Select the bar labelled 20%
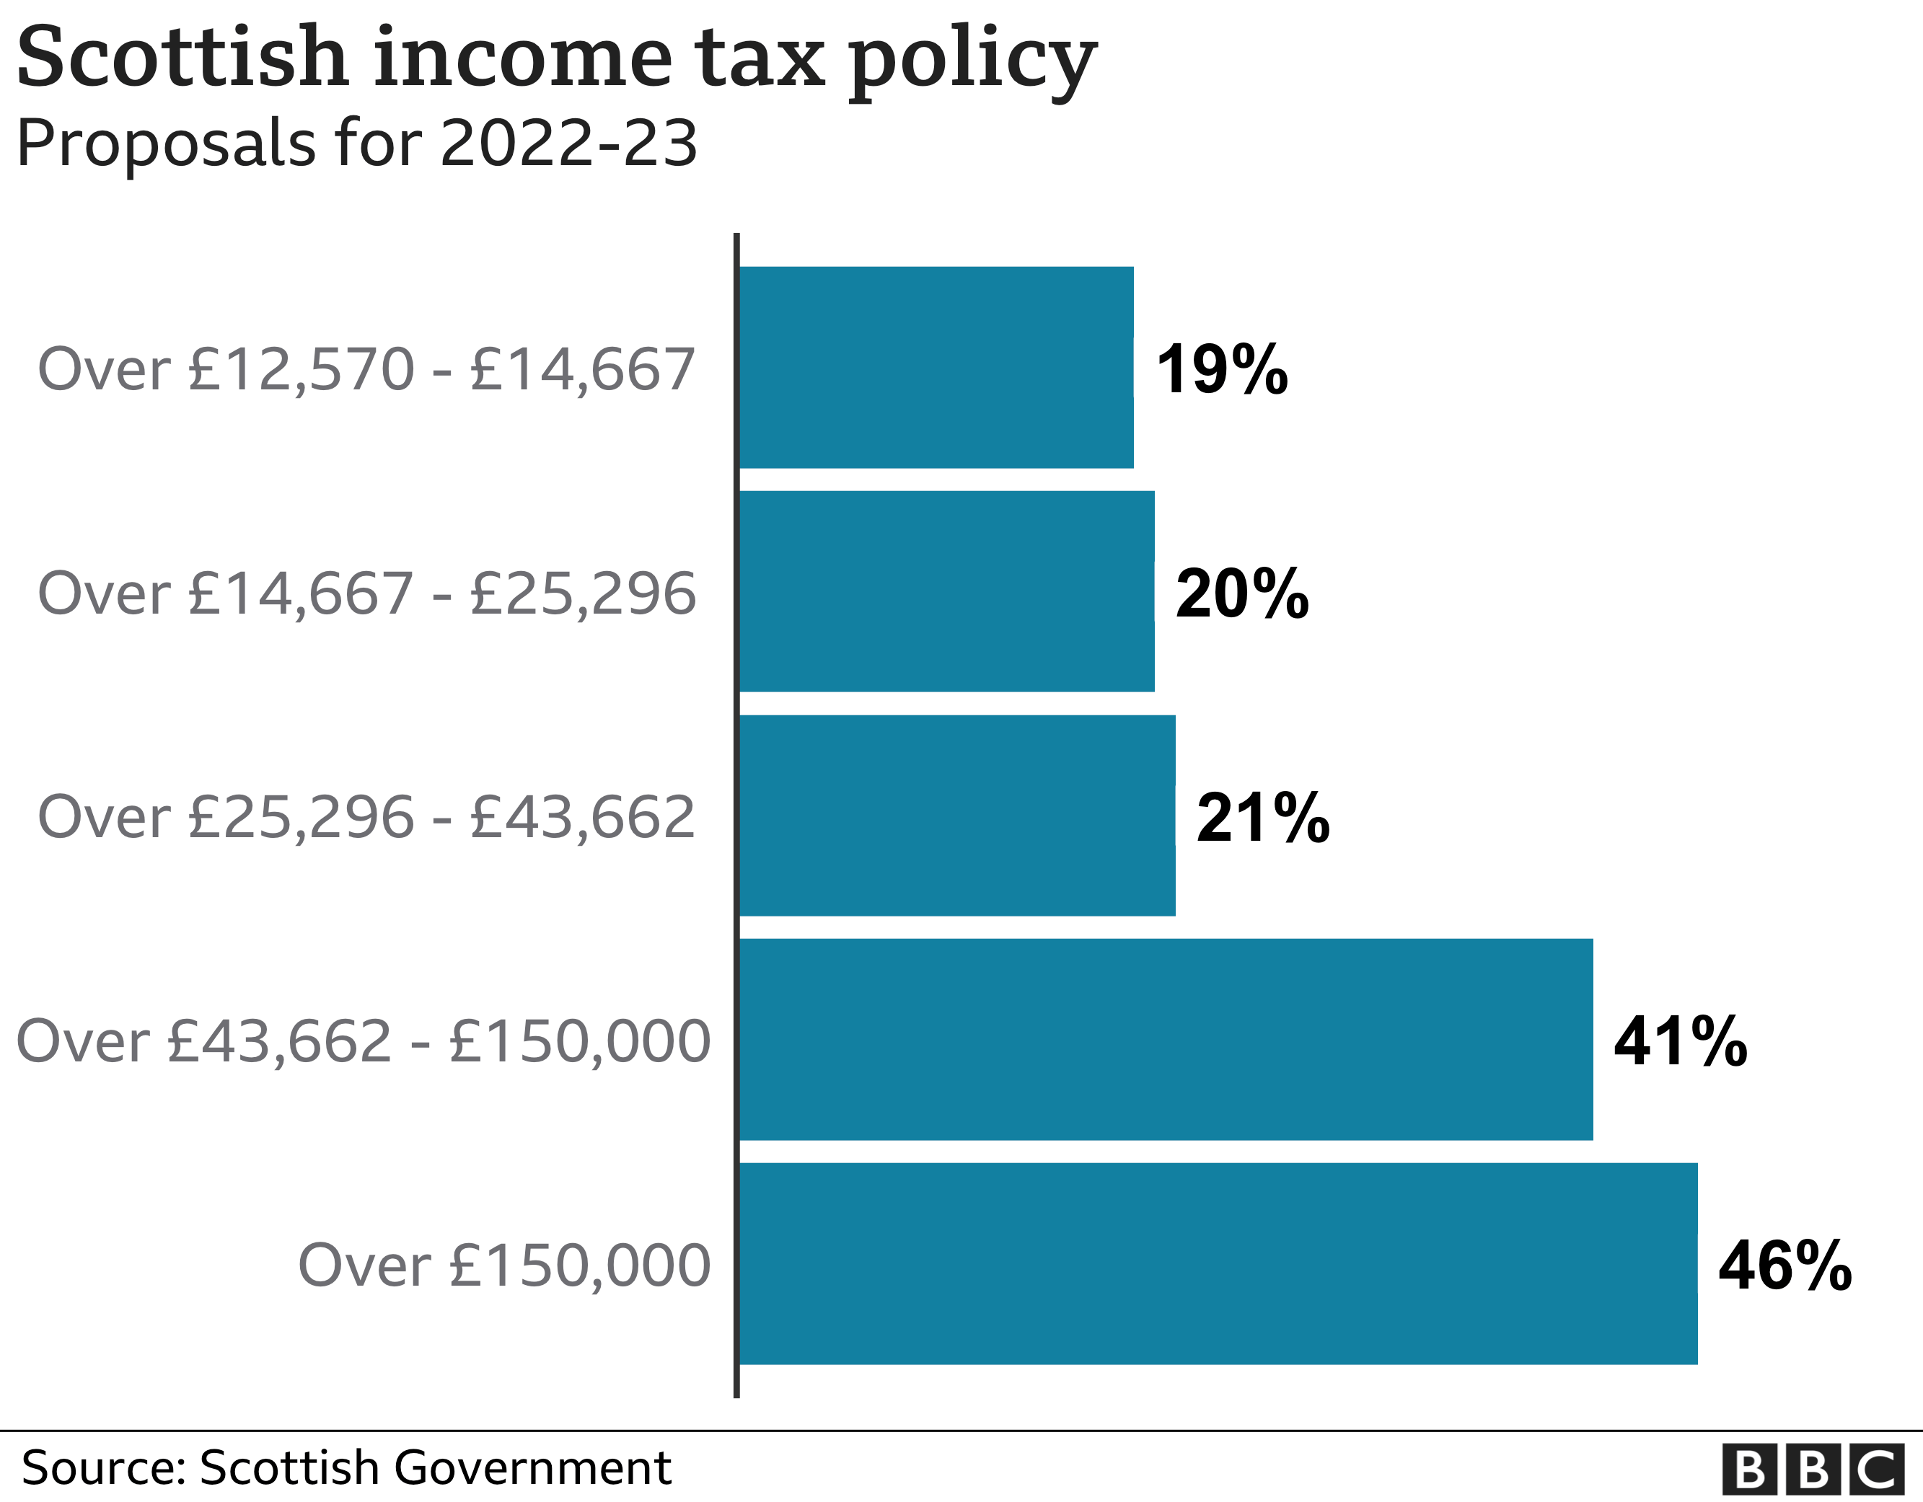946,592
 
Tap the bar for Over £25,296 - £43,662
957,816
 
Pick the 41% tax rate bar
1166,1040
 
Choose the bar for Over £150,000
1218,1263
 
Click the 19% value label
1222,369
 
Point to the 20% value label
1242,593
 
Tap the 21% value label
1262,817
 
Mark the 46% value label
1785,1265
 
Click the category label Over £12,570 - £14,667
366,369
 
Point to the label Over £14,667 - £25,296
366,593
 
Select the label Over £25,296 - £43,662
366,817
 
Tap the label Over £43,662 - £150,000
363,1041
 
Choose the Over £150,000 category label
503,1265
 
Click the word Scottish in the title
183,58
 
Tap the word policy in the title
972,61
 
